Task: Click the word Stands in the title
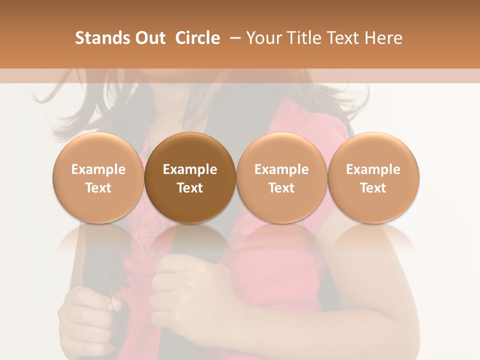(x=98, y=38)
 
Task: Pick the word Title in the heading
(x=301, y=38)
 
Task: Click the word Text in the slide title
(x=341, y=38)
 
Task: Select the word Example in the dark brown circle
(x=190, y=169)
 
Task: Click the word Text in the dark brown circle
(x=190, y=188)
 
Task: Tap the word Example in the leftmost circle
(x=98, y=169)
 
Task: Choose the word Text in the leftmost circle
(x=98, y=188)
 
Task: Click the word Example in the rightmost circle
(x=373, y=169)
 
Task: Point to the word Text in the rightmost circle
(x=373, y=188)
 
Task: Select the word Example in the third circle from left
(x=281, y=169)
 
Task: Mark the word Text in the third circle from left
(x=281, y=188)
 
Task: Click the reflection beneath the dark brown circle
(x=190, y=237)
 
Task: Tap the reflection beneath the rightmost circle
(x=373, y=237)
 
